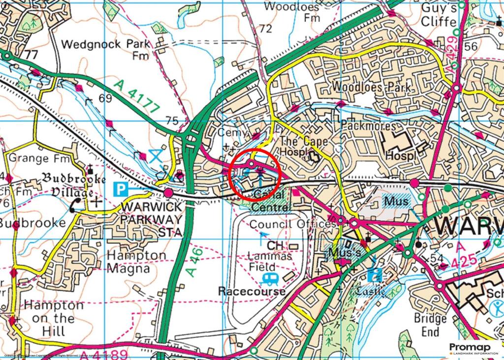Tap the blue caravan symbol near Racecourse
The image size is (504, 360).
tap(270, 279)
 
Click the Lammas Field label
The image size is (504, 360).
tap(269, 262)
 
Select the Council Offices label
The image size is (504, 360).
tap(292, 224)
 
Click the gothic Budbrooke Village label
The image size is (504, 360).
tap(67, 184)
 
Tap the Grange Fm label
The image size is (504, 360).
tap(36, 159)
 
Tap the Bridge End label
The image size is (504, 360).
tap(430, 325)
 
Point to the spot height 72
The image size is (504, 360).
tap(266, 29)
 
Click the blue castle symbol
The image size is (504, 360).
tap(377, 274)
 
